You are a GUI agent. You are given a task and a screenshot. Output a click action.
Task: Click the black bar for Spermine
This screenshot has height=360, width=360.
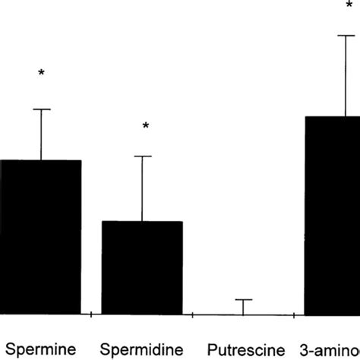[x=40, y=237]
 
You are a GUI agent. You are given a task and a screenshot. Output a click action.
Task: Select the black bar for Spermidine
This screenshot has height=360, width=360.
[x=142, y=267]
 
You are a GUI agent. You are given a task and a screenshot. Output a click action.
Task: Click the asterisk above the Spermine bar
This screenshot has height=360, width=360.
[x=41, y=74]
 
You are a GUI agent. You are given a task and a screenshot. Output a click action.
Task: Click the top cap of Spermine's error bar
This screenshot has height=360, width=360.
[x=41, y=109]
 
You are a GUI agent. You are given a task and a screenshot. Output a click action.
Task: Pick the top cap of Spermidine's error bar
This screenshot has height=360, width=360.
[x=142, y=156]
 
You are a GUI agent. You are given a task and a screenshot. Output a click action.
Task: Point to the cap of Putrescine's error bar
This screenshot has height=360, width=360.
[x=243, y=300]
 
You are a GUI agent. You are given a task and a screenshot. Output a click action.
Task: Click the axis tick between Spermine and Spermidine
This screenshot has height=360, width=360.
[x=91, y=314]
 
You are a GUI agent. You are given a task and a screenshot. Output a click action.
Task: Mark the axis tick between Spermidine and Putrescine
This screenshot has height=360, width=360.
[x=193, y=314]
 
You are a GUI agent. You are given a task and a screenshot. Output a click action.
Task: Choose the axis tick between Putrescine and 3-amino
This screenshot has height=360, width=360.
[x=294, y=314]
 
